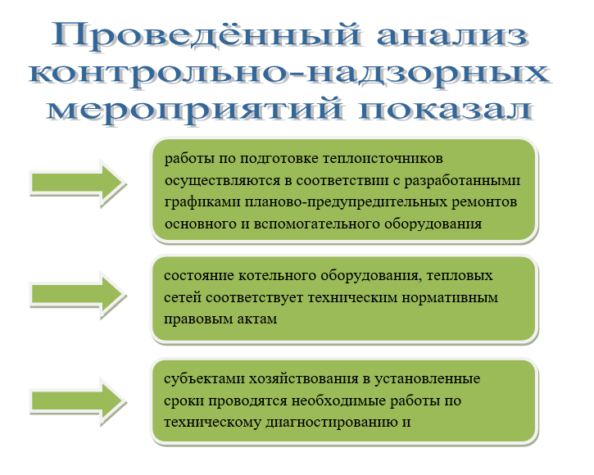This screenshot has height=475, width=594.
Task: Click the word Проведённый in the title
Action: click(x=206, y=36)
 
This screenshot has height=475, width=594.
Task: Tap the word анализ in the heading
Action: click(x=452, y=36)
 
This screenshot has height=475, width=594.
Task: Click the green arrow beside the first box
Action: click(x=78, y=183)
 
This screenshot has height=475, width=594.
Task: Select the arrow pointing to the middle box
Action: click(x=78, y=295)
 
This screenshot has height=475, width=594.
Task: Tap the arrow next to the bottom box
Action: click(x=78, y=401)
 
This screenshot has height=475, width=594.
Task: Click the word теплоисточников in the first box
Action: click(x=383, y=158)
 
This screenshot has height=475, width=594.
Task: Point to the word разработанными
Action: click(x=462, y=181)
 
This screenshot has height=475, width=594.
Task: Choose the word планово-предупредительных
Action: click(x=346, y=202)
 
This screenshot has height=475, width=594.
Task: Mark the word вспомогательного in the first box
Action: click(x=317, y=224)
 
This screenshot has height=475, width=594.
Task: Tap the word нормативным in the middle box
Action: click(x=450, y=298)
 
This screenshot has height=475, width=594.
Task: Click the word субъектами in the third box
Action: click(x=204, y=379)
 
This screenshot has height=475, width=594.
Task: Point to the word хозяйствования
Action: click(x=303, y=379)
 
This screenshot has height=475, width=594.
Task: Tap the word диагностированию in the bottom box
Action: click(x=332, y=423)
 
